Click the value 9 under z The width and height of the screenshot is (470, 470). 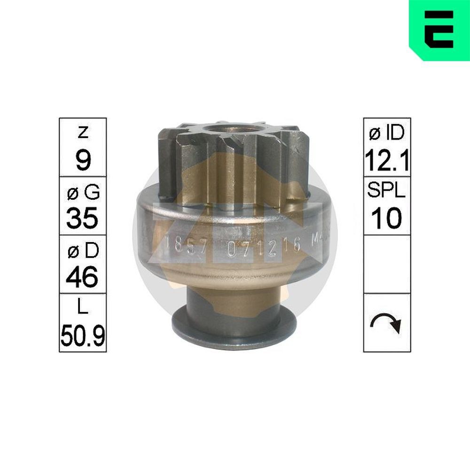[x=83, y=161]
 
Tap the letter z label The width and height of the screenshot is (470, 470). [x=83, y=133]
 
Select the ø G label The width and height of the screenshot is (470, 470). [x=83, y=192]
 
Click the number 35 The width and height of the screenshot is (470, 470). [x=83, y=219]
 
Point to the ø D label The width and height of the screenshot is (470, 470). [x=83, y=251]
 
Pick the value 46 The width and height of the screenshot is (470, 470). [x=83, y=278]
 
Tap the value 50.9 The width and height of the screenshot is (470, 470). [x=83, y=336]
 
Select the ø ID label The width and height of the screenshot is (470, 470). [x=387, y=133]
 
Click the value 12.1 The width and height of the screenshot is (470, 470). [x=387, y=161]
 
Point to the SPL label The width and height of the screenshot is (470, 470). [x=387, y=192]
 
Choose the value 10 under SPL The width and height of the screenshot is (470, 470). [x=387, y=219]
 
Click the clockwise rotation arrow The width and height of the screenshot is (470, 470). [x=387, y=323]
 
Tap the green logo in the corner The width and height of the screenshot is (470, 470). [x=439, y=30]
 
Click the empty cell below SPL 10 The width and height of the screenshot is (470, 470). [x=387, y=264]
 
